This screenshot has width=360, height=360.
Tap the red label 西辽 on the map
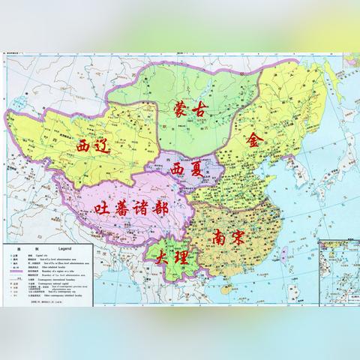[x=94, y=145]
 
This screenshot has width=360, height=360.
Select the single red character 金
[x=255, y=139]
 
